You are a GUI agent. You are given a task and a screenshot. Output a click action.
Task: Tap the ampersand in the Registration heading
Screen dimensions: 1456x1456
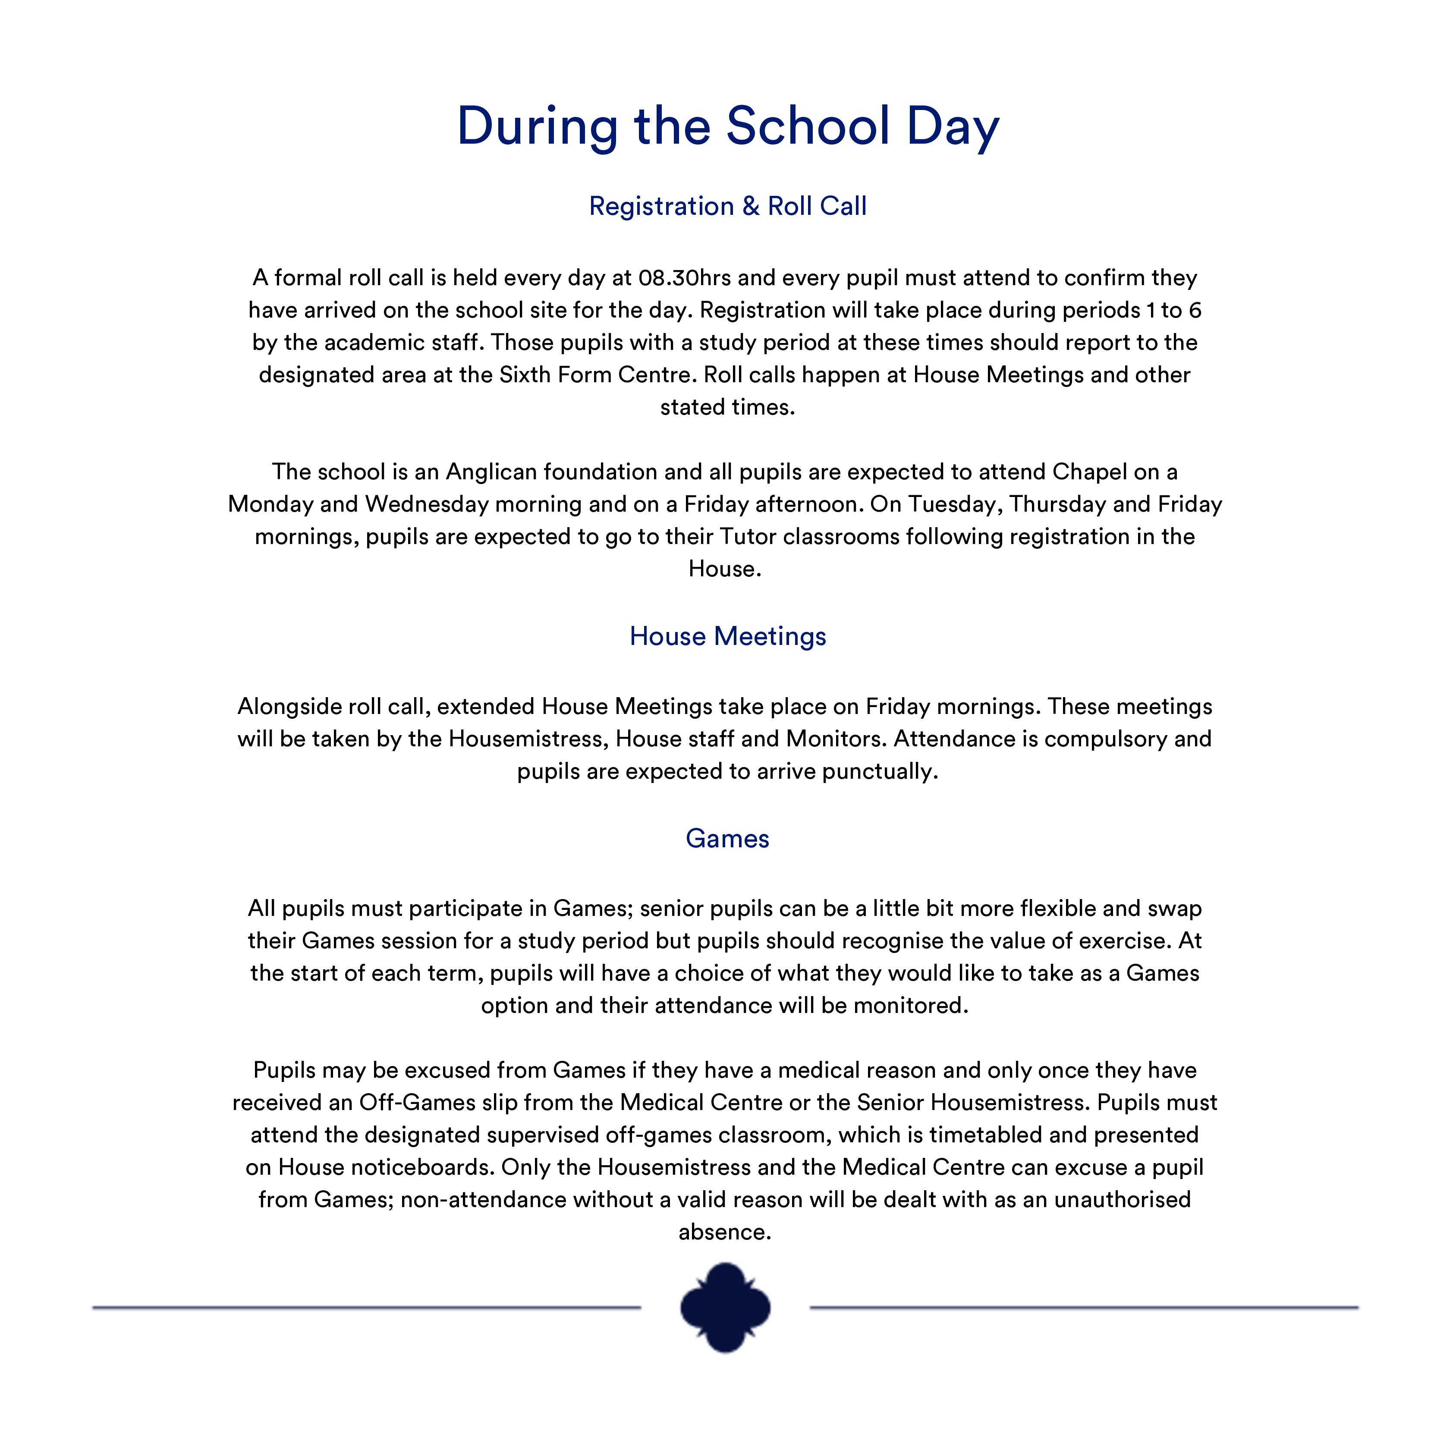[x=751, y=207]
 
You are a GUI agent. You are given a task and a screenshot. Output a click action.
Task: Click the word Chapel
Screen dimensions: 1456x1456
[x=1089, y=472]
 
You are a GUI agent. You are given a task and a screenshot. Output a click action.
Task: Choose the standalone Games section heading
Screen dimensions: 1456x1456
[x=727, y=839]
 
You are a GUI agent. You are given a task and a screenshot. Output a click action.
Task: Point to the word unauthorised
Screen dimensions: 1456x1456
[x=1122, y=1201]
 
